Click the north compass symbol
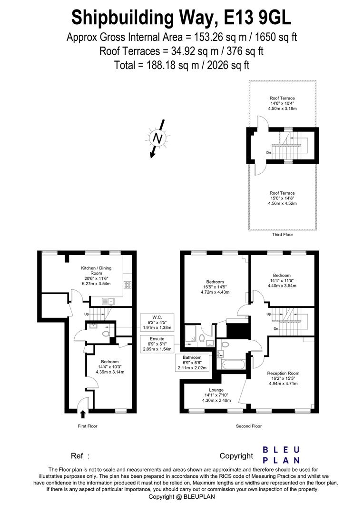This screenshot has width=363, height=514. point(157,138)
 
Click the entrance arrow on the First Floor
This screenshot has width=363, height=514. point(83,414)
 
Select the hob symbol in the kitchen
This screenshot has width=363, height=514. point(128,285)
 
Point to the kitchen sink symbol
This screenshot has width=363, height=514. point(108,300)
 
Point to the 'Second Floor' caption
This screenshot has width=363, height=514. point(249,426)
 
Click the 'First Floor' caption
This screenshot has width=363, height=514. point(88,426)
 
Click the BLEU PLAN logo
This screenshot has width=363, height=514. point(281,455)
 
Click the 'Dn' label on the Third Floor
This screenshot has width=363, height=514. point(269,153)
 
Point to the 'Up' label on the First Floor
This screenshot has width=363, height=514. point(86,314)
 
